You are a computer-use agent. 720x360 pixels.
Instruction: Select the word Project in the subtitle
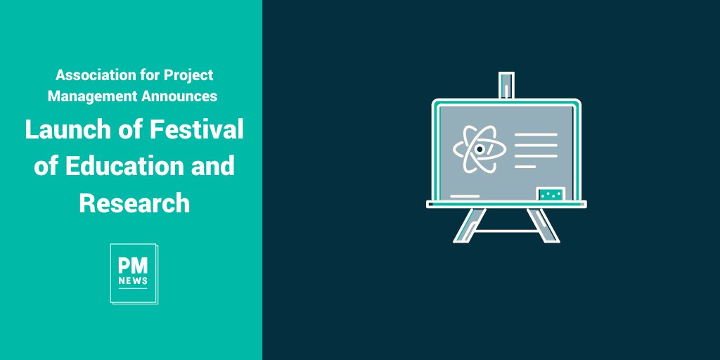[x=188, y=75]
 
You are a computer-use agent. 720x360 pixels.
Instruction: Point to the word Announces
[x=178, y=96]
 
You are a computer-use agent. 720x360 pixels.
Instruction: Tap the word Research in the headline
[x=134, y=202]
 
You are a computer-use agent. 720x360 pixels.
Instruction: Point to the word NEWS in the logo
[x=133, y=281]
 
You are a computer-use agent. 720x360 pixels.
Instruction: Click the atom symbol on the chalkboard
[x=480, y=149]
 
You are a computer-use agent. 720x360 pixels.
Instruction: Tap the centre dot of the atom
[x=480, y=149]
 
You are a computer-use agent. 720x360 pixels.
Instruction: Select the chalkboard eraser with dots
[x=551, y=193]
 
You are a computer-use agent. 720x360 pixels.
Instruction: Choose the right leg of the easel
[x=544, y=226]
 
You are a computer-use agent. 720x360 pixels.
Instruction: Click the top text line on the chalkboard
[x=536, y=134]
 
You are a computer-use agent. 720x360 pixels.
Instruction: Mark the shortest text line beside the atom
[x=525, y=167]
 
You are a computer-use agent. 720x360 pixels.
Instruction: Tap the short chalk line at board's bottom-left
[x=464, y=195]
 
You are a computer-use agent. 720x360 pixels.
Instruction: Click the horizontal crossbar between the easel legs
[x=506, y=230]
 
